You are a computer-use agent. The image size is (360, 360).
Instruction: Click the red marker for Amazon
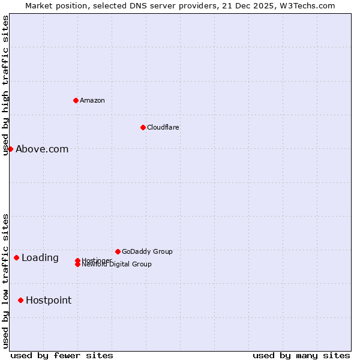tap(76, 100)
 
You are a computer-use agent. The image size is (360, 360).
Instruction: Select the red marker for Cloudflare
tap(143, 127)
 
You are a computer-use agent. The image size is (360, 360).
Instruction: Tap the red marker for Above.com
tap(10, 149)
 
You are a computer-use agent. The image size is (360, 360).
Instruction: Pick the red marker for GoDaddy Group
tap(118, 251)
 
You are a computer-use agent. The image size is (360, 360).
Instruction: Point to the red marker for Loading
tap(16, 257)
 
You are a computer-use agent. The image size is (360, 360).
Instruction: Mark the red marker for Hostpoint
tap(20, 300)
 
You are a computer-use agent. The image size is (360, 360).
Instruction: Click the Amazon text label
tap(92, 100)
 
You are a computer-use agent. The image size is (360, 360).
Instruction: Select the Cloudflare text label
tap(163, 127)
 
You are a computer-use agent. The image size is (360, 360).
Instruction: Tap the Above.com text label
tap(42, 149)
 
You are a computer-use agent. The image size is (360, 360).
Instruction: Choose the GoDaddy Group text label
tap(147, 251)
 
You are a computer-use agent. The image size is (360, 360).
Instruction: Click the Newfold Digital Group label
tap(117, 265)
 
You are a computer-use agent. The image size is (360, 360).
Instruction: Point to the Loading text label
tap(40, 258)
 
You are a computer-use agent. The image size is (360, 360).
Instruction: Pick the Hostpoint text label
tap(49, 301)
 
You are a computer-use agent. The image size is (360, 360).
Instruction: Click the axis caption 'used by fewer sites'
tap(62, 355)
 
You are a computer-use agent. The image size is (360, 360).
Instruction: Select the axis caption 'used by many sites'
tap(301, 355)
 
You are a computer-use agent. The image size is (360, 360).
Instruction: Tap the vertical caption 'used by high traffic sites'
tap(5, 85)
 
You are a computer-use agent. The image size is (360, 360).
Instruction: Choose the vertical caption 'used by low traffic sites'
tap(5, 281)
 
